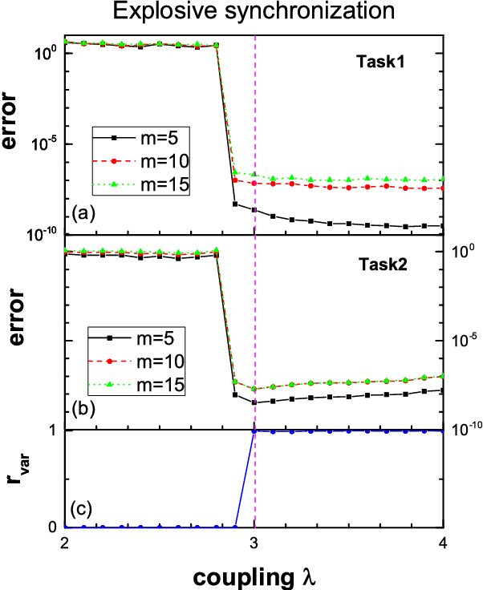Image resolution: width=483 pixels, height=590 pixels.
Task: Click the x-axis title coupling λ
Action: [254, 572]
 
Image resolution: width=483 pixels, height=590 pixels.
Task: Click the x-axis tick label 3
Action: [254, 541]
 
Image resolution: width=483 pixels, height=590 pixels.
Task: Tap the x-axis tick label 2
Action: [64, 541]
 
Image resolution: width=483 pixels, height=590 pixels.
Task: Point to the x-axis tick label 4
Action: [444, 541]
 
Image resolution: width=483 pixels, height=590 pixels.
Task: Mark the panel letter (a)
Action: [83, 214]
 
